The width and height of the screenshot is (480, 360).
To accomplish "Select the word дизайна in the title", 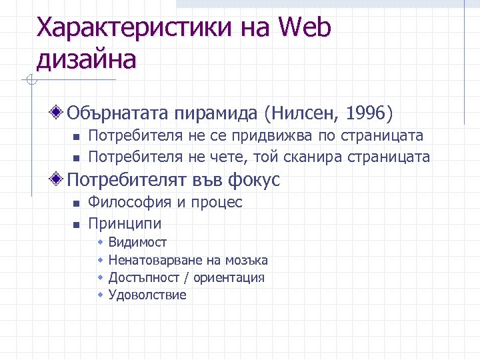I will click(x=86, y=59).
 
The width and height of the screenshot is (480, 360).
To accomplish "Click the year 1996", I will click(x=365, y=114).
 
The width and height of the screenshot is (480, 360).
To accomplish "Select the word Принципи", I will click(x=125, y=223).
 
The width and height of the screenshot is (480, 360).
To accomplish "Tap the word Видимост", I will click(x=137, y=242).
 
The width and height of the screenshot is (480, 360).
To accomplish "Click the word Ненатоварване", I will click(x=154, y=260).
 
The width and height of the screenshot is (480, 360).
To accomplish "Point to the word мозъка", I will click(x=246, y=260).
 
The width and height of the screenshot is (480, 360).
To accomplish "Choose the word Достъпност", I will click(x=143, y=277).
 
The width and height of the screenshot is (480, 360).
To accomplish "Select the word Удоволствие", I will click(x=147, y=295).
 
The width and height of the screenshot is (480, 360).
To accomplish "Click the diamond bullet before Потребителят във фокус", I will click(x=59, y=179).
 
